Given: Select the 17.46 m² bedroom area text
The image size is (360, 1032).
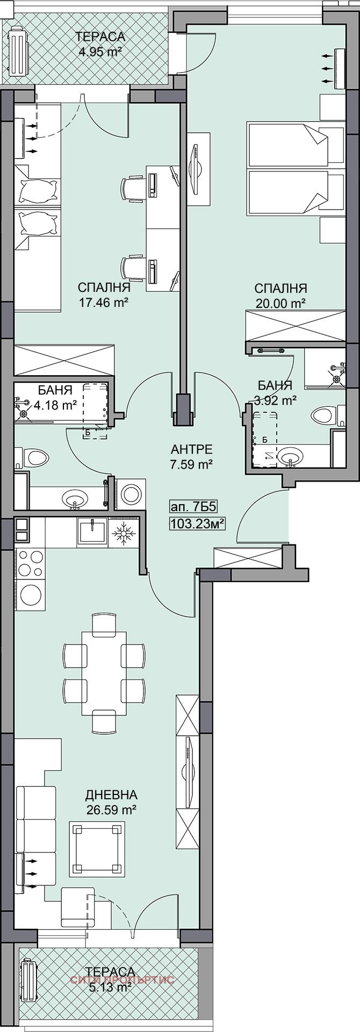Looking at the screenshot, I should tap(103, 302).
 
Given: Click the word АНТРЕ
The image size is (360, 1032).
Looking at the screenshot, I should tap(192, 449).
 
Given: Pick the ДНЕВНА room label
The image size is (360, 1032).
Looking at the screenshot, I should tap(111, 794).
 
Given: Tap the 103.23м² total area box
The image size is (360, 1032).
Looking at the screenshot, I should tap(196, 522).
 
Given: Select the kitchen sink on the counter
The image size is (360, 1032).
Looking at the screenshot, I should tap(93, 532).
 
